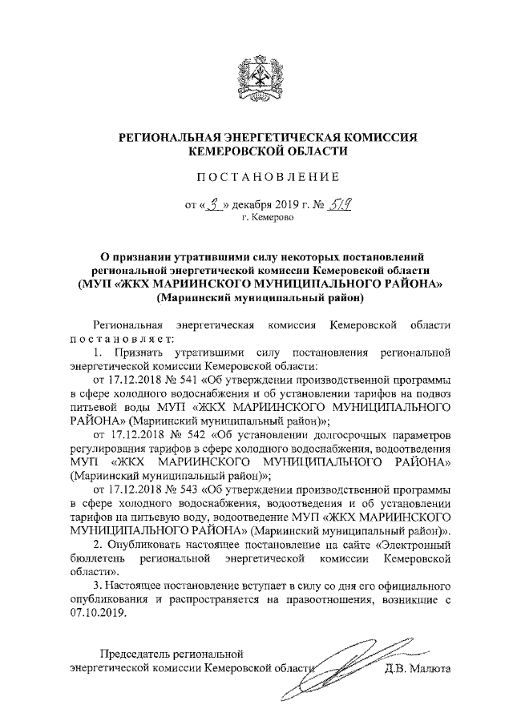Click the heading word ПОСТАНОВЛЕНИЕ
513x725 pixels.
[256, 175]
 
